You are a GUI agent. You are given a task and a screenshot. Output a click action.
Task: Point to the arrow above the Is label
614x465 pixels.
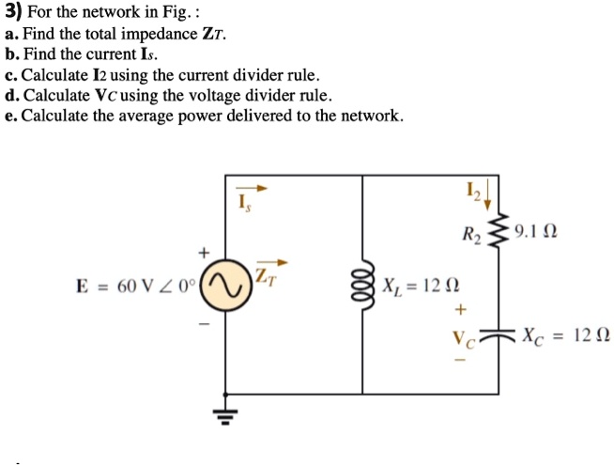254,188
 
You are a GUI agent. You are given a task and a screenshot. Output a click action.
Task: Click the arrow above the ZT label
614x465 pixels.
270,263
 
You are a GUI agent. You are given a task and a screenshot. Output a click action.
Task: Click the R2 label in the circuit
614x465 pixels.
470,235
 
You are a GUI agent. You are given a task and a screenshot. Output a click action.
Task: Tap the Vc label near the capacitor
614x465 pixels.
463,335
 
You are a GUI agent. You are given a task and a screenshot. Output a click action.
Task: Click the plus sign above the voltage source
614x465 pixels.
200,254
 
